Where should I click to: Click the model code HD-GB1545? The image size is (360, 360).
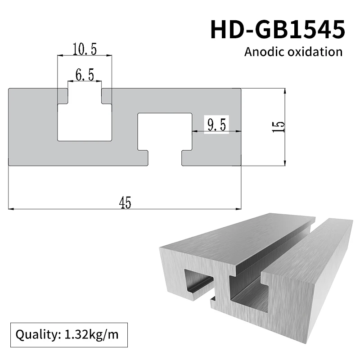pyautogui.click(x=278, y=30)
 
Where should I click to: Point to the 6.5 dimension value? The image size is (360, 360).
pyautogui.click(x=85, y=75)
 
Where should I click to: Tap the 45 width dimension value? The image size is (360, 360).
pyautogui.click(x=125, y=203)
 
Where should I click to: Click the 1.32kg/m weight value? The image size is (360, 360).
pyautogui.click(x=90, y=335)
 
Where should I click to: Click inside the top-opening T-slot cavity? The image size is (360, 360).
pyautogui.click(x=85, y=121)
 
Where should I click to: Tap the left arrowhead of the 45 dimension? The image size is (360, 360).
pyautogui.click(x=12, y=209)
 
